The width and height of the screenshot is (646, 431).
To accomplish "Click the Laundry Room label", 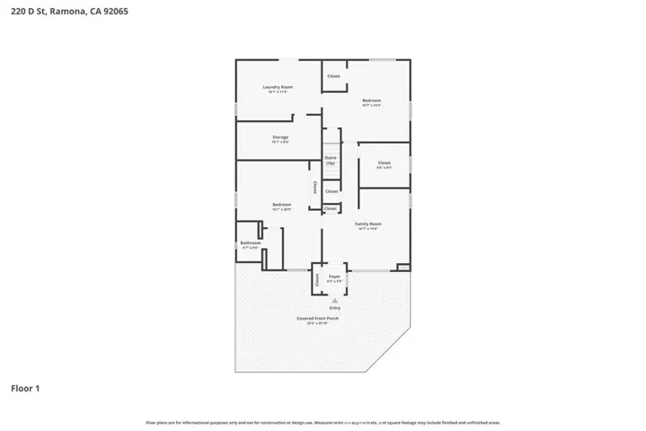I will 278,87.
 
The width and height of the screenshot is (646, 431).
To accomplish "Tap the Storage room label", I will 280,137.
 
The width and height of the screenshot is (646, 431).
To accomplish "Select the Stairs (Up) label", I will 331,160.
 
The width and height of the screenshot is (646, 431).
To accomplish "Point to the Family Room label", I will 368,224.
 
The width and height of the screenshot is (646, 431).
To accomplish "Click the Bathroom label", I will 250,242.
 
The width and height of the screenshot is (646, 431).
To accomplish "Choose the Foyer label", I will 334,276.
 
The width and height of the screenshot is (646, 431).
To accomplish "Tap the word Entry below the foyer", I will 334,308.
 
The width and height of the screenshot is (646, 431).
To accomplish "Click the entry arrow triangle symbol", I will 334,300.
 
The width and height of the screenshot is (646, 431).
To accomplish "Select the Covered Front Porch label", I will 318,319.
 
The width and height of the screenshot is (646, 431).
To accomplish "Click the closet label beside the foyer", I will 318,278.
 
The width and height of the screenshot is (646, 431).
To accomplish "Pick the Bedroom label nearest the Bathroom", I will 281,205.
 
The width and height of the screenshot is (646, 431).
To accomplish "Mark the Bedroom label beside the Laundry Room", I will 371,100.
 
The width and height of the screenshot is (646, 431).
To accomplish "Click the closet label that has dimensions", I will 384,163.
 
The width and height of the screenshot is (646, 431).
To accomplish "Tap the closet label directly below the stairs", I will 332,191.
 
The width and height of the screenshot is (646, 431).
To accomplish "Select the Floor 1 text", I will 25,389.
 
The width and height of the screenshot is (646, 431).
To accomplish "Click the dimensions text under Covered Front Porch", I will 318,324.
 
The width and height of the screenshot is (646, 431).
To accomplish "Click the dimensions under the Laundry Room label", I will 278,92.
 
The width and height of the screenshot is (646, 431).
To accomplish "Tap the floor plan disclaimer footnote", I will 323,421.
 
